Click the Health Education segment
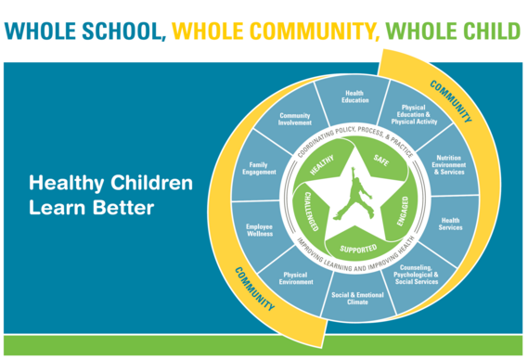pyautogui.click(x=355, y=98)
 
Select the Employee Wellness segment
pyautogui.click(x=259, y=230)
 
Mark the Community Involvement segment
pyautogui.click(x=295, y=119)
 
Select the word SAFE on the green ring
pyautogui.click(x=381, y=161)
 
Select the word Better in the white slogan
pyautogui.click(x=119, y=208)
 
